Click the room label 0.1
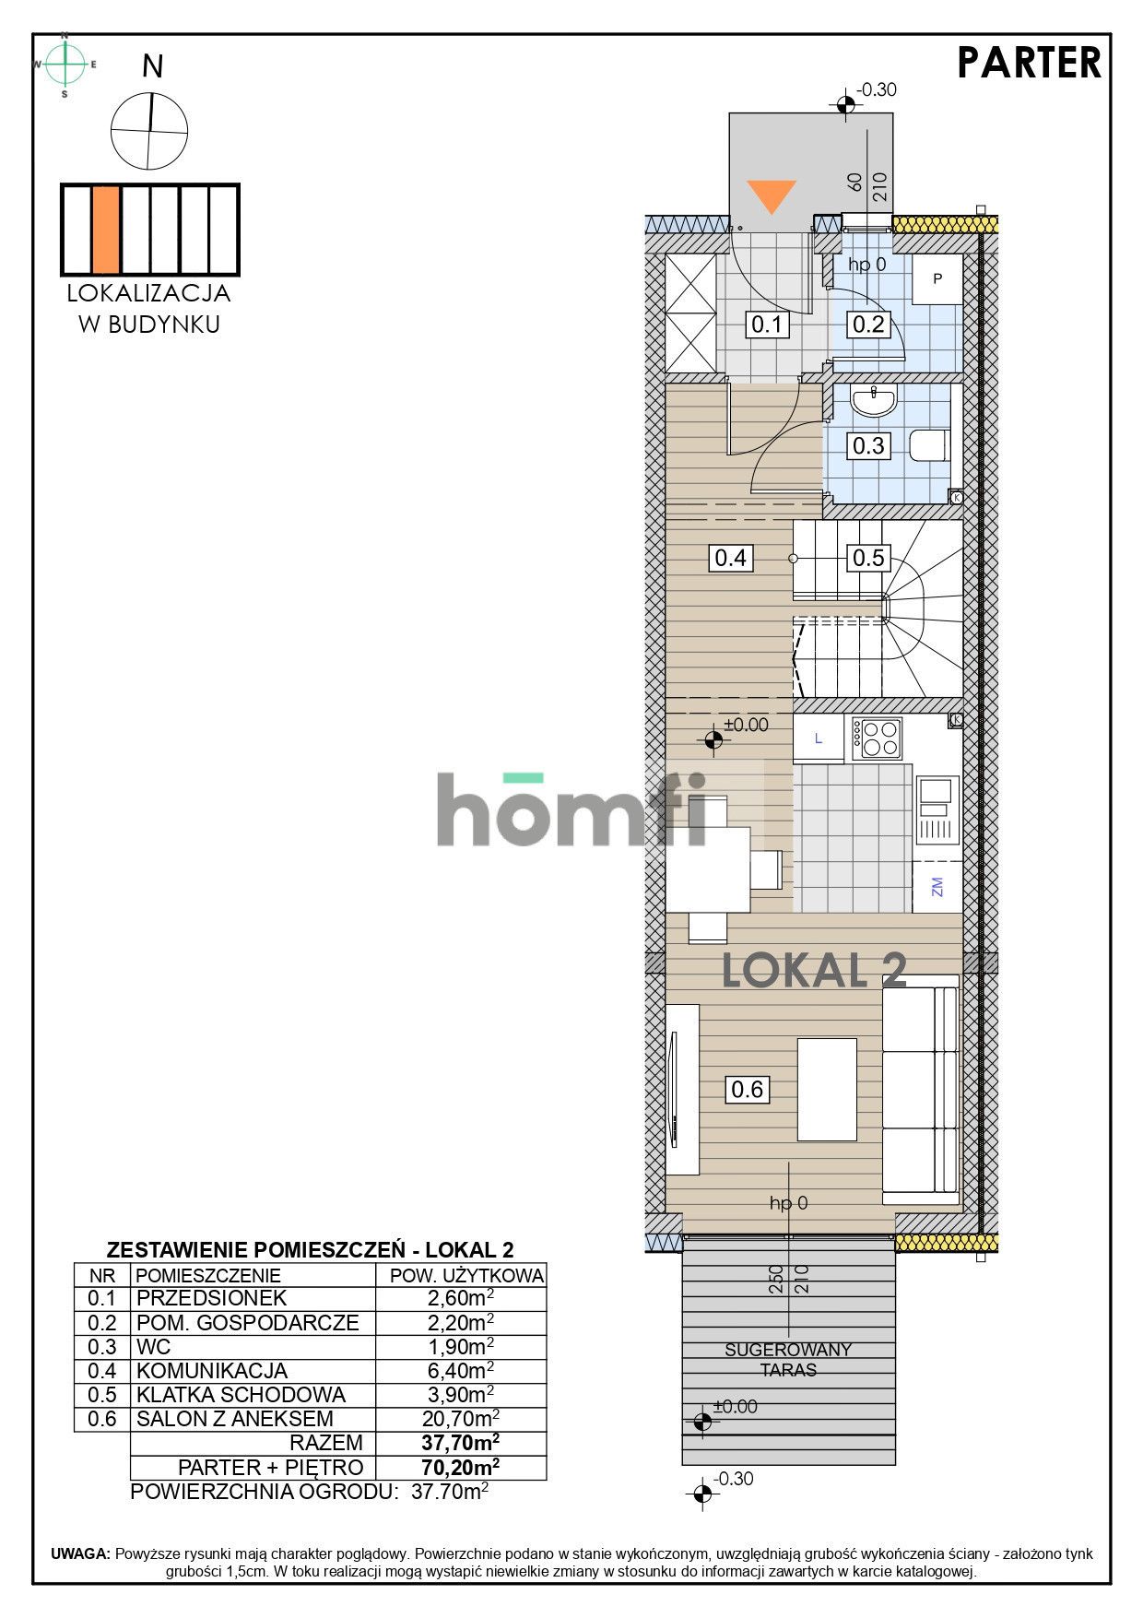(767, 324)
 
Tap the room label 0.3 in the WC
(868, 446)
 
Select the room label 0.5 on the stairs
(868, 558)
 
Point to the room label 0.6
(748, 1089)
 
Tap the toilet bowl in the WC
(929, 446)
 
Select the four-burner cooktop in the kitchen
(877, 738)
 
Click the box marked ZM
(937, 886)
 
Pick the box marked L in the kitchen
(819, 738)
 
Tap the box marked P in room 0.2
(937, 278)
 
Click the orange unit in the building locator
(106, 230)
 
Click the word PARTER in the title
(1029, 63)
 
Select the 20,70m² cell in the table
(463, 1418)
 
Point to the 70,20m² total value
(461, 1467)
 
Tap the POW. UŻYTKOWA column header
(467, 1276)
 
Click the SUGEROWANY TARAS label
(788, 1360)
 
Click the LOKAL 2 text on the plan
(814, 970)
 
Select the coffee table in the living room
(827, 1089)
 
